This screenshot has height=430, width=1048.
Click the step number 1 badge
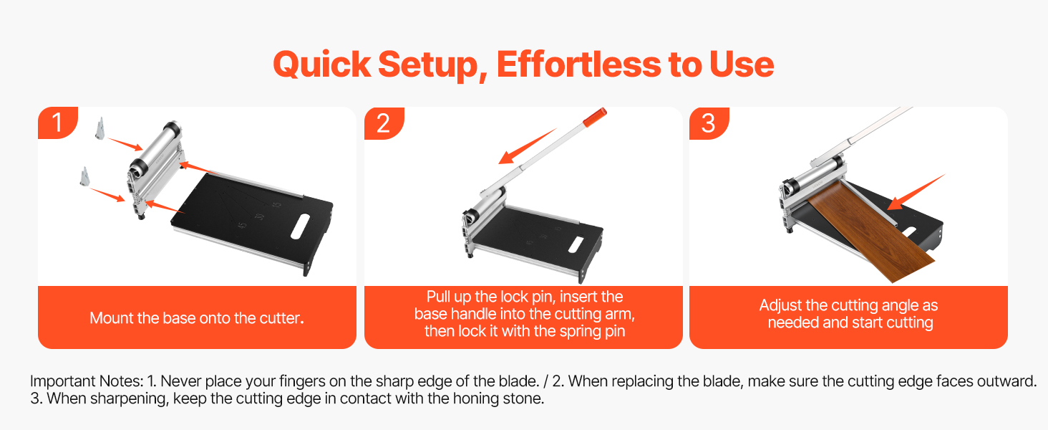(x=57, y=123)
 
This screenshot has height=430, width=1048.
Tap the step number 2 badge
(x=384, y=123)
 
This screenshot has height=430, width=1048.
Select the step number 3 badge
(x=709, y=123)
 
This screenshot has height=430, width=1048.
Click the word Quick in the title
(x=322, y=64)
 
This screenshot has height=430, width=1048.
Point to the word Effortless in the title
(x=578, y=64)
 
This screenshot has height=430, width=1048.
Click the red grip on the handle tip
(x=595, y=117)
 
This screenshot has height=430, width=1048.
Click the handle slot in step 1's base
(x=300, y=226)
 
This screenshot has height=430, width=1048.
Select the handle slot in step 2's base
(x=576, y=244)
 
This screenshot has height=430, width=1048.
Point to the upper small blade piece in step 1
(x=100, y=128)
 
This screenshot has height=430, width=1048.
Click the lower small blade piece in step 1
(x=84, y=176)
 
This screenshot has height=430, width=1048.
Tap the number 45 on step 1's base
(x=243, y=226)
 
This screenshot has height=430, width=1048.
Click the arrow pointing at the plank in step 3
(x=916, y=191)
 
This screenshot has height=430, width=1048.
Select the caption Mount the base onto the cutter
(x=197, y=318)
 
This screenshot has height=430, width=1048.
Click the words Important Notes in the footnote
(x=87, y=381)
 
